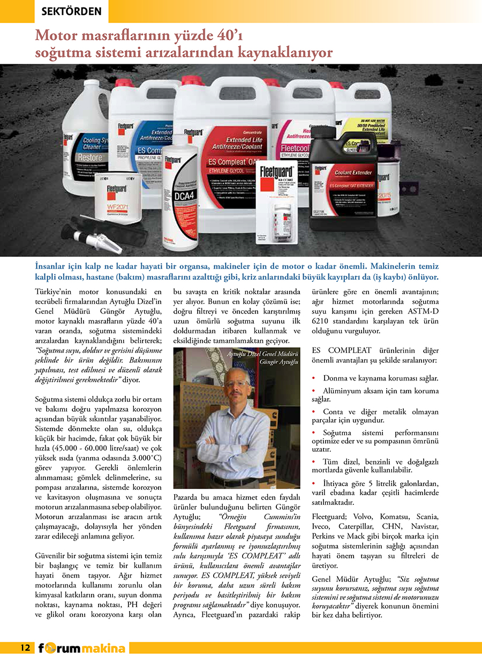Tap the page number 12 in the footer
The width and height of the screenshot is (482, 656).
(x=25, y=647)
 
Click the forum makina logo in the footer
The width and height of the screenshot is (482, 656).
(x=82, y=647)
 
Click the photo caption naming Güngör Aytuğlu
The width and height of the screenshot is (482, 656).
(x=262, y=358)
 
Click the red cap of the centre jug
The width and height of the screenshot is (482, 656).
(x=193, y=80)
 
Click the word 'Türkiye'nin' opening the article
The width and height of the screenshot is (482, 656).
(x=54, y=292)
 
